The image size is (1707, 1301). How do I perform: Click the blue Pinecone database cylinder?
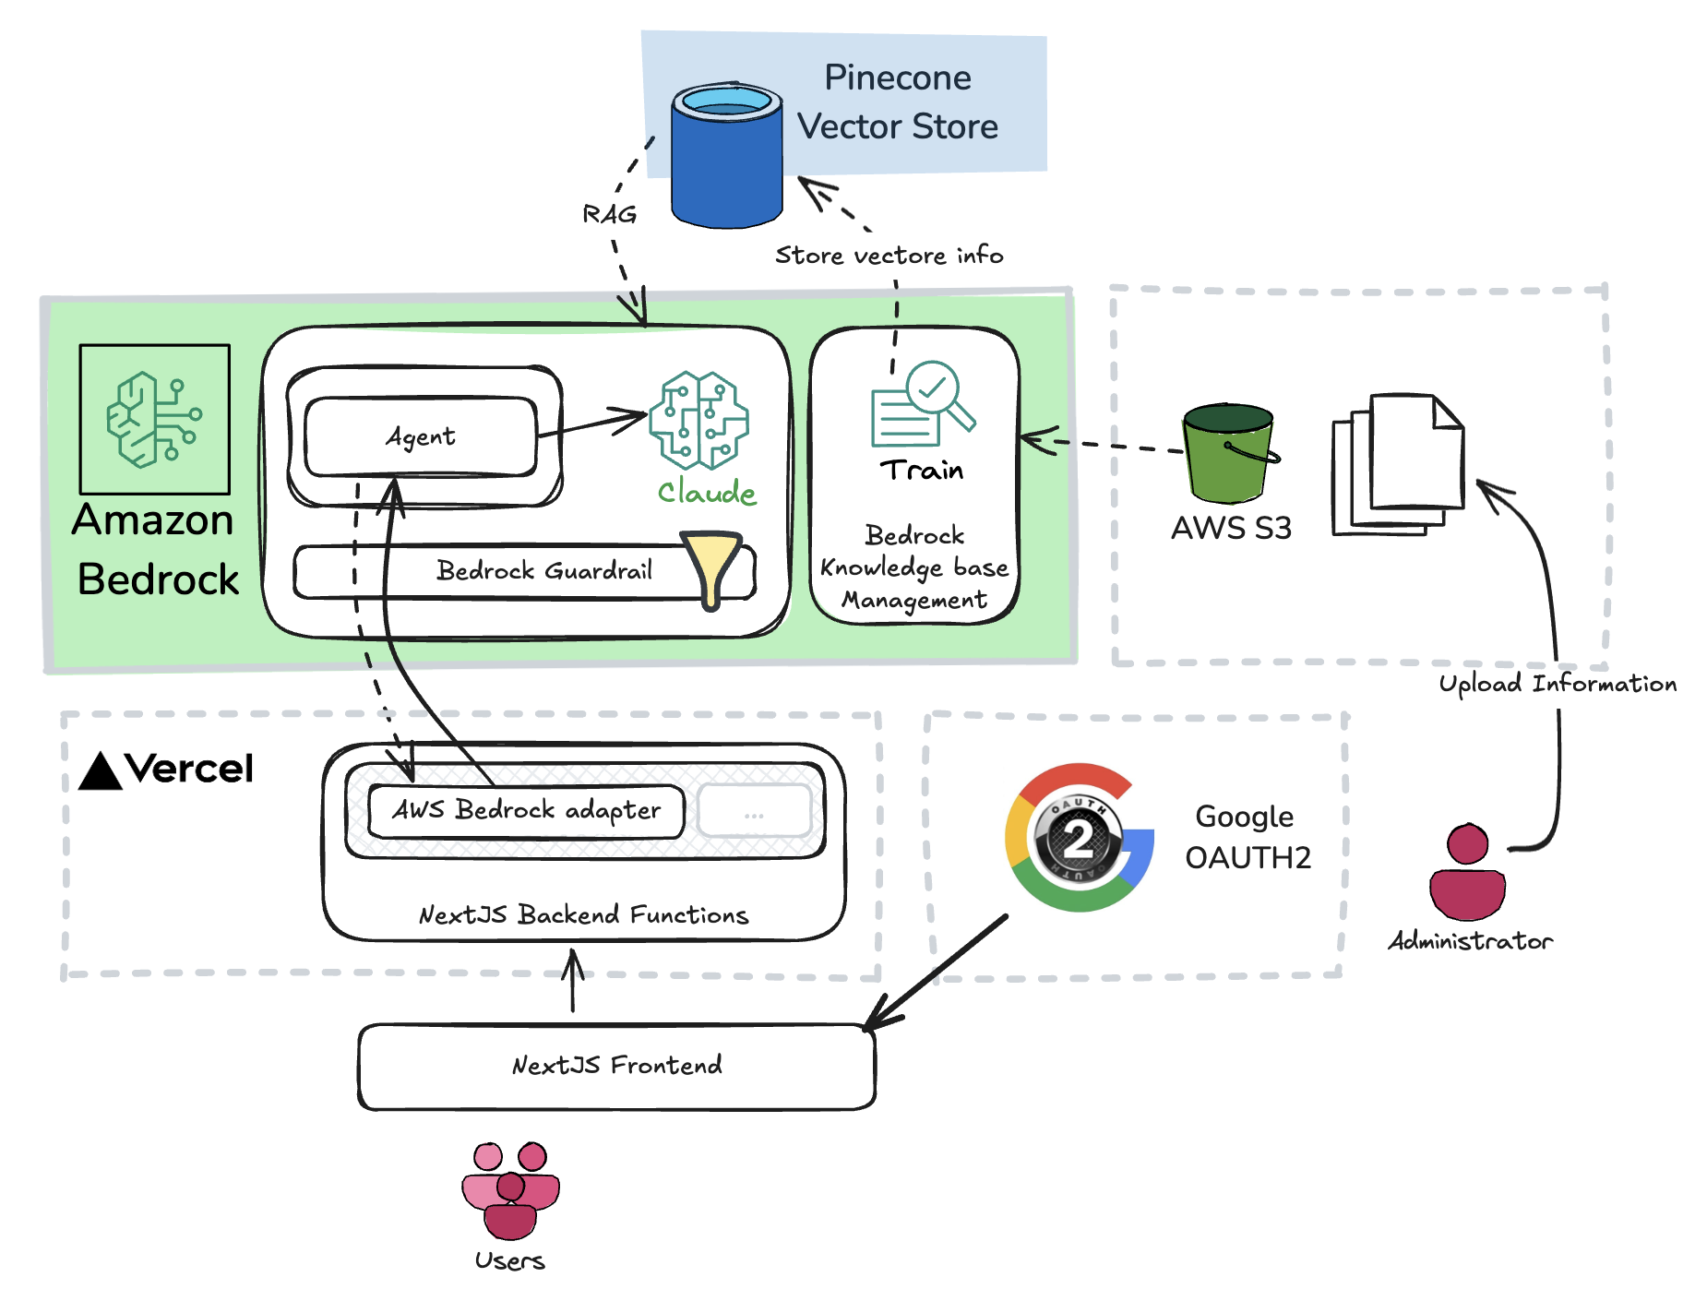point(727,157)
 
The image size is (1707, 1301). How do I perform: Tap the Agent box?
point(420,436)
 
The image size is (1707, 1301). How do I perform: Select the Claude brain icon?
point(698,420)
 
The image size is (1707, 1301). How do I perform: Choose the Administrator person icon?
point(1467,872)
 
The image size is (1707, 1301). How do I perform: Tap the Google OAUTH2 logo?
point(1079,838)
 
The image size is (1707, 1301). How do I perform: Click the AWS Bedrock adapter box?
point(526,810)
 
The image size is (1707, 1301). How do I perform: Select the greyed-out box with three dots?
point(754,812)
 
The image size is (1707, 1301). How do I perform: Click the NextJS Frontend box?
point(616,1066)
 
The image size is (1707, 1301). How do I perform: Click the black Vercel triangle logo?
point(101,771)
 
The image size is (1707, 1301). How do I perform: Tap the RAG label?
point(610,214)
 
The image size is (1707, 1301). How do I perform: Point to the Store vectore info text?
point(889,255)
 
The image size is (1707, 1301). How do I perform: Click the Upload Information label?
point(1558,684)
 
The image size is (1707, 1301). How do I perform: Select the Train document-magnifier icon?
point(921,404)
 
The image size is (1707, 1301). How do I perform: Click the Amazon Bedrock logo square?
point(155,420)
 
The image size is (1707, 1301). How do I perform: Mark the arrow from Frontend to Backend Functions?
point(573,982)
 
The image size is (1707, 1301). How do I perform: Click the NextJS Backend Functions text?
point(583,914)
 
